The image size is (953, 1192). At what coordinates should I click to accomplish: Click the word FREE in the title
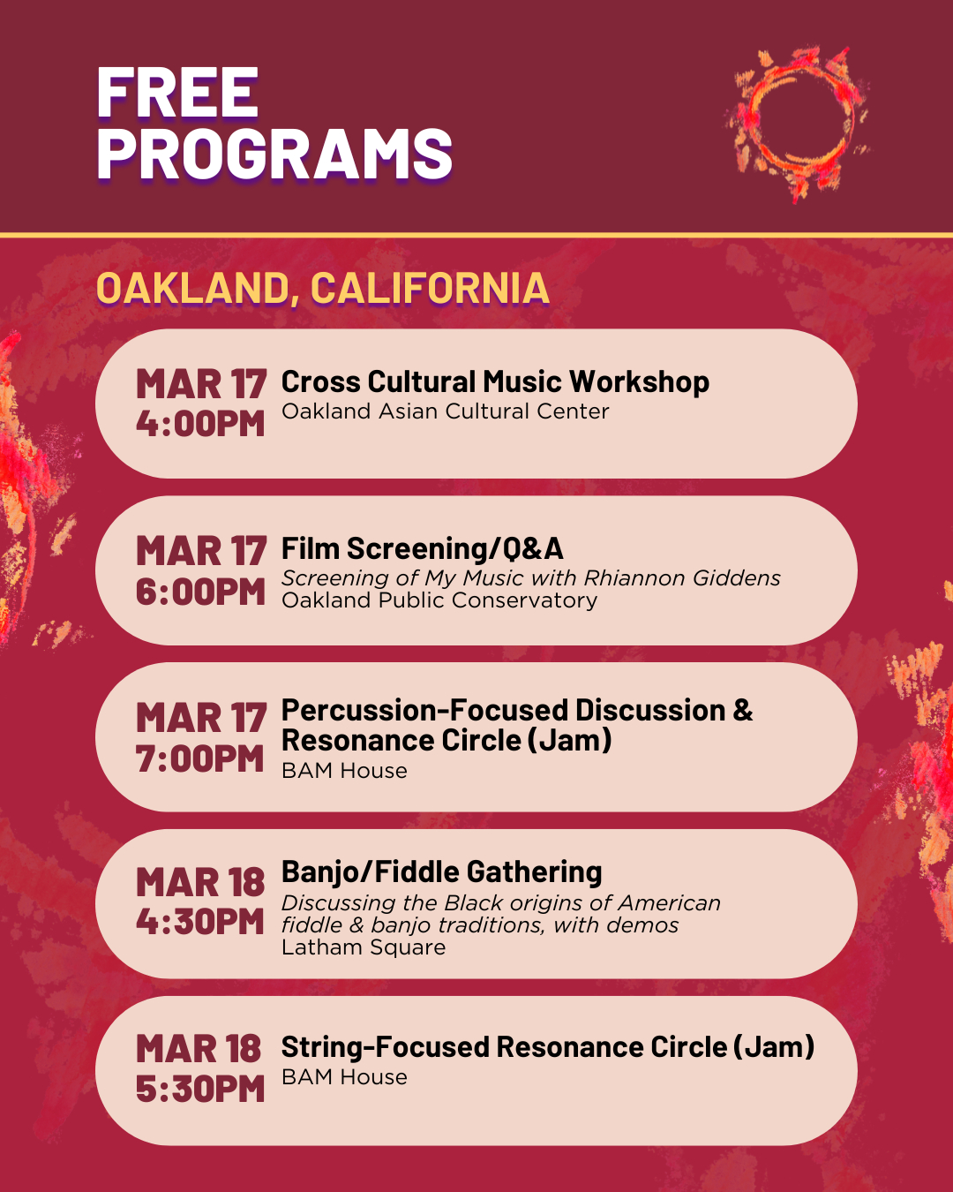pos(177,92)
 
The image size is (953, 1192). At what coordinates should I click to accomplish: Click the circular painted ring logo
pos(798,124)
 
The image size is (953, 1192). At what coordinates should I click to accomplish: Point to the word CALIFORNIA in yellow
pos(430,288)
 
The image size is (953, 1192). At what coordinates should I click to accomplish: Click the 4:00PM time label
pos(200,425)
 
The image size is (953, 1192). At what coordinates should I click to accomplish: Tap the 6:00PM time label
pos(200,592)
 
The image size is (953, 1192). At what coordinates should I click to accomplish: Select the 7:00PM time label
pos(200,758)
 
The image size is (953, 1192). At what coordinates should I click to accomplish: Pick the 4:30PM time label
pos(200,922)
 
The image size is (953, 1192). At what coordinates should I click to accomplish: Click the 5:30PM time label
pos(200,1089)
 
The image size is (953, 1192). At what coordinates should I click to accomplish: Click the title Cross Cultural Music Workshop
pos(495,381)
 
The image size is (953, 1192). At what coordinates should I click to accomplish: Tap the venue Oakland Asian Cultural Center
pos(446,411)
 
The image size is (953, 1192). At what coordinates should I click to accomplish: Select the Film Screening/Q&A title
pos(423,549)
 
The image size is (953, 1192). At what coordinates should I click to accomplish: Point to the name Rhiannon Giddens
pos(682,578)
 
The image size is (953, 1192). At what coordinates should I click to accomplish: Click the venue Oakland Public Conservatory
pos(439,600)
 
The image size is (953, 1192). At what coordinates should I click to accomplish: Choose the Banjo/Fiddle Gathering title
pos(442,872)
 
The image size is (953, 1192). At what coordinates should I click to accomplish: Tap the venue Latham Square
pos(364,947)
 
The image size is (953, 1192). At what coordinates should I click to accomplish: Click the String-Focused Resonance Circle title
pos(548,1047)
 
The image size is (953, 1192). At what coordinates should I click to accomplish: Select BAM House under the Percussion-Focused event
pos(344,771)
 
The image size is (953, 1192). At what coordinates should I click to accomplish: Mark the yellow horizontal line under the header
pos(476,236)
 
